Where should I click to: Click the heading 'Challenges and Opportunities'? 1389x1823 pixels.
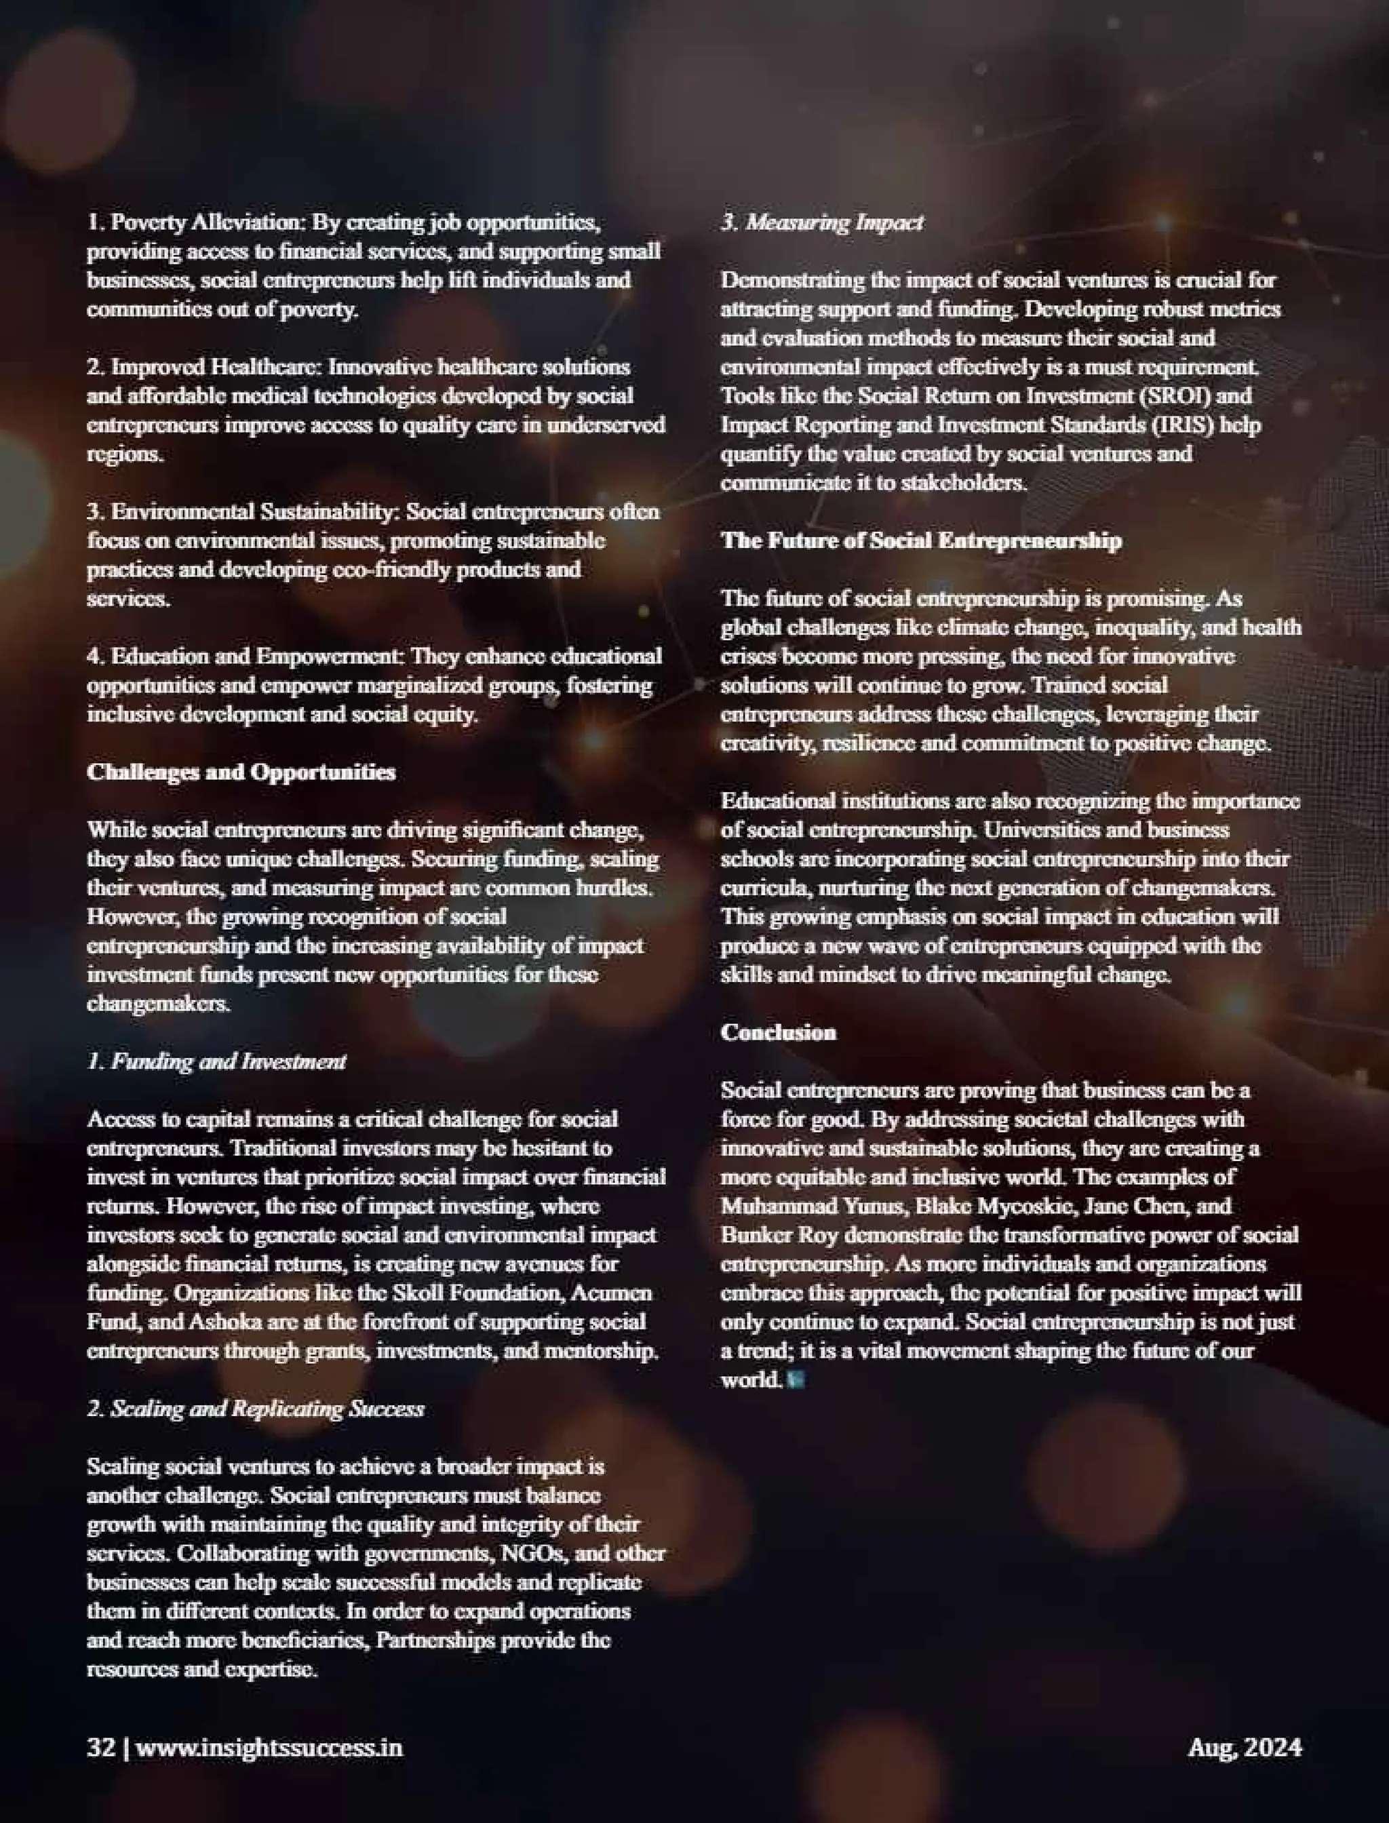[241, 772]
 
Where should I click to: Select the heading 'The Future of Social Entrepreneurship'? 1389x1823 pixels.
[921, 541]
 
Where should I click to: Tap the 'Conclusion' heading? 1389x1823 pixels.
[778, 1033]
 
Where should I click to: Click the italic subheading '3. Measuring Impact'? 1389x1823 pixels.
[822, 222]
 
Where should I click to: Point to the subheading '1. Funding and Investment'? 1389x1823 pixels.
[216, 1061]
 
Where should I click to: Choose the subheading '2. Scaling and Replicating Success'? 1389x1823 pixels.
[256, 1409]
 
